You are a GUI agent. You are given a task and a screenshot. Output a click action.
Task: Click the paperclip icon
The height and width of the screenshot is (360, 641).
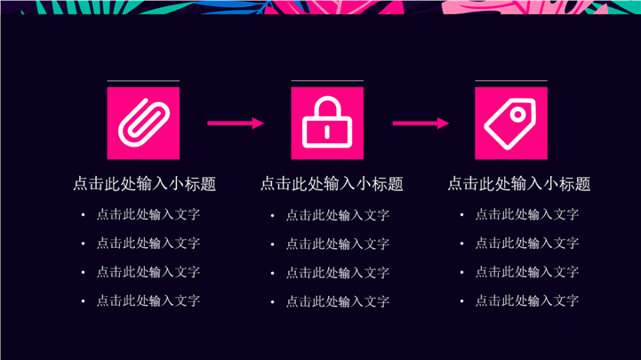[143, 122]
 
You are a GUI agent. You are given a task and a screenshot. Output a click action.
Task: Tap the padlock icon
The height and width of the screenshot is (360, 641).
[327, 122]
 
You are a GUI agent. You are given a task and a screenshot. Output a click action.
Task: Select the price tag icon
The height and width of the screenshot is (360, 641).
[510, 122]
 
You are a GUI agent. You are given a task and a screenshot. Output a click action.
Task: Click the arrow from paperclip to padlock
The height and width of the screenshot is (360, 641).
[236, 123]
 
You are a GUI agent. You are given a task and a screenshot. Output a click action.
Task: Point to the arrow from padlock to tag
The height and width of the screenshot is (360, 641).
[420, 123]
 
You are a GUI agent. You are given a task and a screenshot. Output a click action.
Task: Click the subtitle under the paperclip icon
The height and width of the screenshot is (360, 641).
[144, 184]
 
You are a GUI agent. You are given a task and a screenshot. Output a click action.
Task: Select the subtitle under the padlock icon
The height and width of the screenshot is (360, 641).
[332, 184]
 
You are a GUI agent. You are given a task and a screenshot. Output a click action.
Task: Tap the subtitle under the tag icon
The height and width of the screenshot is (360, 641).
[519, 184]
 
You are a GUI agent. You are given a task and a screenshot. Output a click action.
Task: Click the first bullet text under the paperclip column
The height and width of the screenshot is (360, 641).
[148, 214]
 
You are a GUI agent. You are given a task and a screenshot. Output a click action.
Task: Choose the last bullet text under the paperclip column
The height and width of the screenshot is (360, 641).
[148, 300]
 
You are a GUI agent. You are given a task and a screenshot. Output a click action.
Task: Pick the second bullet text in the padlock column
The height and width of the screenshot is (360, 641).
[337, 244]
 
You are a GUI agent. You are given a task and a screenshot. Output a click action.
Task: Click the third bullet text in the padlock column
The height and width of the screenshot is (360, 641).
[337, 272]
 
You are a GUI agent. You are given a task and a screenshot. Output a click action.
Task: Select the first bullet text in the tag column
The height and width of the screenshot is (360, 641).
[526, 214]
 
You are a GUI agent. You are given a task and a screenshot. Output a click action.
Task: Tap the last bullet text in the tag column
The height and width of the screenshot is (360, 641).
[526, 300]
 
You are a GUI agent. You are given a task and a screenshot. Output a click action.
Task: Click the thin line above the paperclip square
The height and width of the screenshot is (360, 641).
[143, 81]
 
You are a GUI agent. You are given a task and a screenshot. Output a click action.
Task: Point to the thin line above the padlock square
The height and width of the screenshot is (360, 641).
[327, 81]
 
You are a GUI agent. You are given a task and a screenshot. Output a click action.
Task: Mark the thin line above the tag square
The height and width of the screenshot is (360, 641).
[510, 81]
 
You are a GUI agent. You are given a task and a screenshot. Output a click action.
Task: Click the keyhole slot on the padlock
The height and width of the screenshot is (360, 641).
[327, 132]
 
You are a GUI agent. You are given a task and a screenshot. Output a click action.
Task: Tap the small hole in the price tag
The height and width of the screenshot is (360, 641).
[522, 110]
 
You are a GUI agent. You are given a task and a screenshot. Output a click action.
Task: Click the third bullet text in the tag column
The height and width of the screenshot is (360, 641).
[526, 272]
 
